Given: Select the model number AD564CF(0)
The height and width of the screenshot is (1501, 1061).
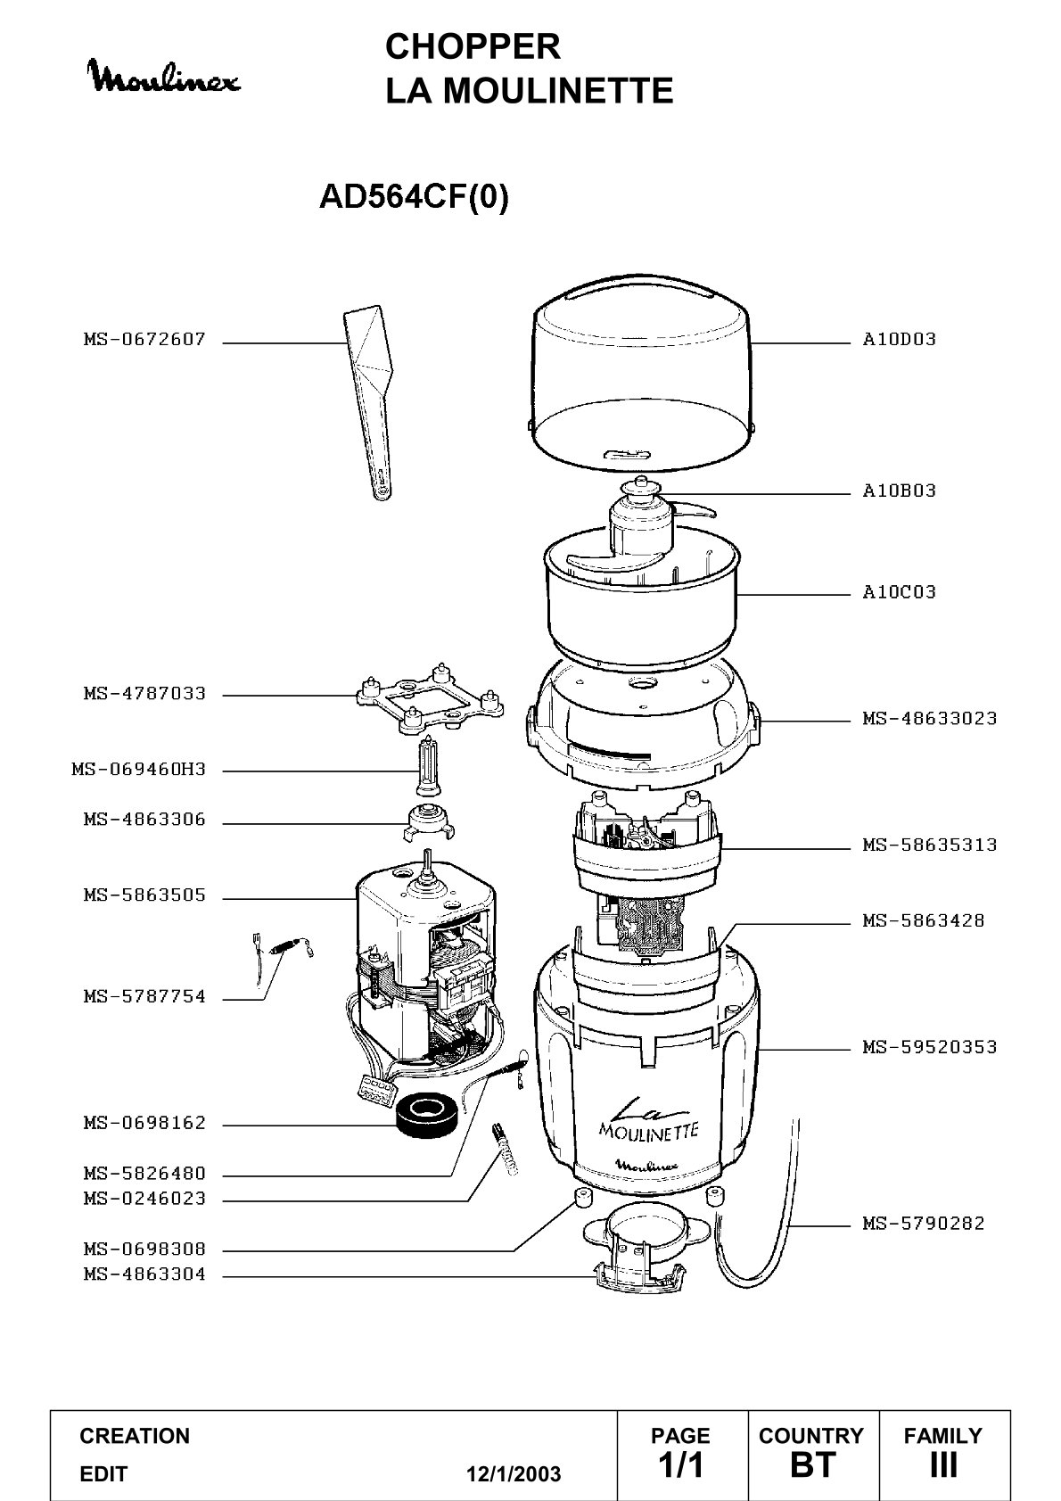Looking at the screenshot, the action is (414, 196).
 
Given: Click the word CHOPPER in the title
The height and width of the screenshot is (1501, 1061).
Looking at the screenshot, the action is (473, 47).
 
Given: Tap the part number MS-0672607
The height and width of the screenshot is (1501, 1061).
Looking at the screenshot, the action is (144, 340).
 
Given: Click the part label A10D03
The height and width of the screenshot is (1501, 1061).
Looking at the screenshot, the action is (899, 340).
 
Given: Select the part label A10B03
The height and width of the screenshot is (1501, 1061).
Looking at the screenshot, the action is (899, 491).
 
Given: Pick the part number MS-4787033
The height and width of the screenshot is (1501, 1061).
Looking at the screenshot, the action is (144, 694).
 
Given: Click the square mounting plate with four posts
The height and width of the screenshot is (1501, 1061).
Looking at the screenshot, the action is (430, 700).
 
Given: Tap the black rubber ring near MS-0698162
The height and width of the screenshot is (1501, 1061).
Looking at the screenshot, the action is (428, 1115).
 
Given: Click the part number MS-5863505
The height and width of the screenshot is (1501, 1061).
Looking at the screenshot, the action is (144, 896).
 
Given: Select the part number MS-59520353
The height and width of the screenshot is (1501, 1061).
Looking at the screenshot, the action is (930, 1047).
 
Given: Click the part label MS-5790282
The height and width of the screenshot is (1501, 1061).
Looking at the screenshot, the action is (924, 1225).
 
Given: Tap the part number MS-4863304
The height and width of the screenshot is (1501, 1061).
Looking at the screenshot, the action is (144, 1274).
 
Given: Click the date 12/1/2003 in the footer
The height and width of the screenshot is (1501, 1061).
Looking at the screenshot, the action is (514, 1474).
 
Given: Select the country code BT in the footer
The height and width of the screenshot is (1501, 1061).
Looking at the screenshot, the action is (813, 1464).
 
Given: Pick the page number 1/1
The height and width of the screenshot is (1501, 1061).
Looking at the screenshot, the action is (681, 1464).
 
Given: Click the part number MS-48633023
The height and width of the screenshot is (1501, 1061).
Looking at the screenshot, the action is (930, 719).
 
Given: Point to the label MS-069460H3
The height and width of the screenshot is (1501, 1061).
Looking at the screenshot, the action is (139, 770).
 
